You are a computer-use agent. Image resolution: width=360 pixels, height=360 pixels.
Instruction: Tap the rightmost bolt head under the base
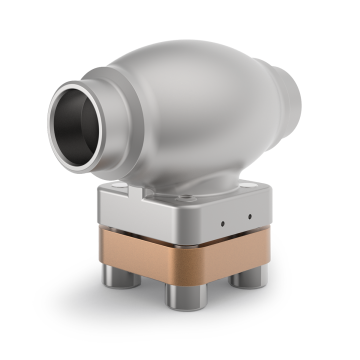click(245, 278)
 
